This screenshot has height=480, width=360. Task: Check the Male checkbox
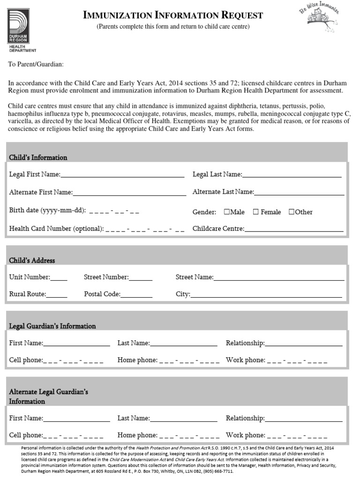(x=227, y=212)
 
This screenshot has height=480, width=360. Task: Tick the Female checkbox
(x=255, y=212)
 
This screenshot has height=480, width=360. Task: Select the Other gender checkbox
(x=292, y=212)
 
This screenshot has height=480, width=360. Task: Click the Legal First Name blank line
(x=122, y=176)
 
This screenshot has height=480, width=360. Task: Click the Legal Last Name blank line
(x=292, y=176)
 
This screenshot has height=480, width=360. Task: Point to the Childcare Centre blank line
(x=294, y=230)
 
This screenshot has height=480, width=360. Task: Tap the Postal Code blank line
(x=136, y=296)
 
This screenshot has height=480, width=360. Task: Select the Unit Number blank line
(x=59, y=279)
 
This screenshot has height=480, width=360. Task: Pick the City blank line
(x=266, y=296)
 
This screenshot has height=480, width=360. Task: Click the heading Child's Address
(x=32, y=261)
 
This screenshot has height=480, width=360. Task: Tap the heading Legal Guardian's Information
(x=52, y=326)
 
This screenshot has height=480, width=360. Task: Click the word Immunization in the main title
(x=113, y=15)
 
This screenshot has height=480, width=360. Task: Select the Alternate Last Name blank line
(x=299, y=193)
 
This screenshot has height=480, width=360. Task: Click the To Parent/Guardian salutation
(x=36, y=64)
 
